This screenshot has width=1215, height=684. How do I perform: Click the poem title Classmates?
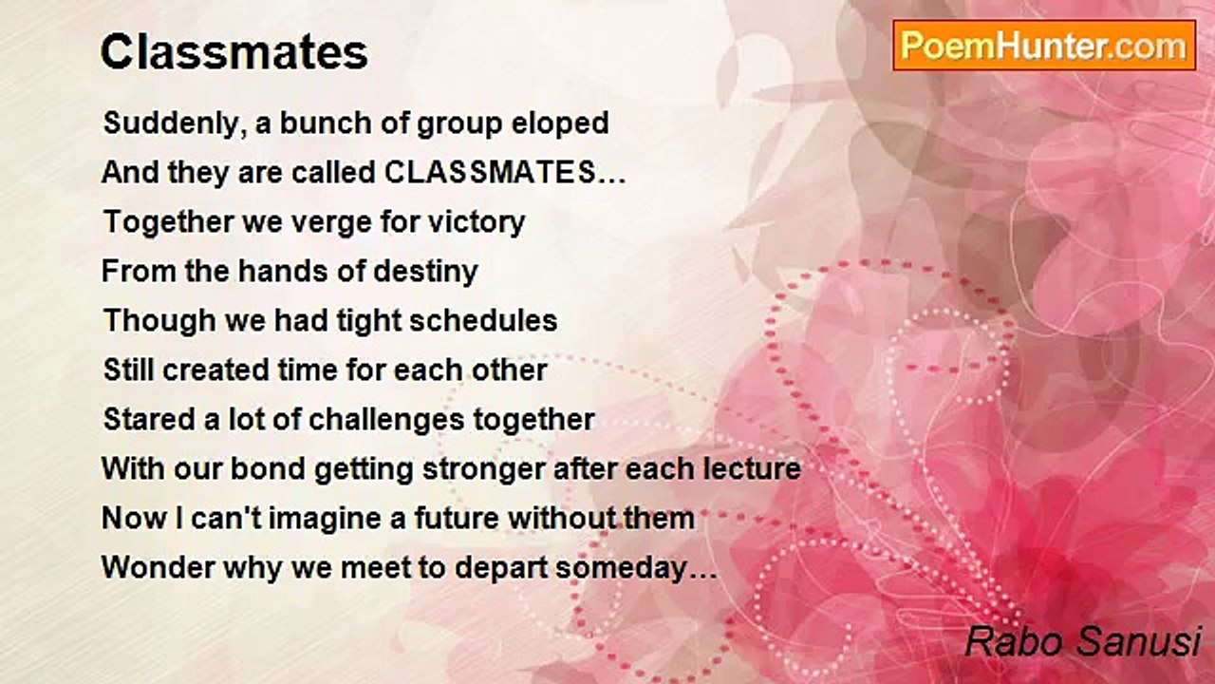tap(234, 52)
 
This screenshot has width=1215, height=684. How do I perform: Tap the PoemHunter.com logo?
tap(1044, 46)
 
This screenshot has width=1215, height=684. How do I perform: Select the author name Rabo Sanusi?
tap(1083, 641)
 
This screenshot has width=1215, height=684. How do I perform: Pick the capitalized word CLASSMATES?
tap(491, 173)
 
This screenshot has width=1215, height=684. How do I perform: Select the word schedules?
tap(483, 320)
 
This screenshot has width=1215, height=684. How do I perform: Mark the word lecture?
tap(753, 468)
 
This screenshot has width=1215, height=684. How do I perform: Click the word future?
tap(457, 518)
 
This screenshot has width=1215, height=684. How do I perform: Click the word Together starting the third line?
tap(168, 222)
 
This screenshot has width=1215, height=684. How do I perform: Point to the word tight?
tap(369, 321)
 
